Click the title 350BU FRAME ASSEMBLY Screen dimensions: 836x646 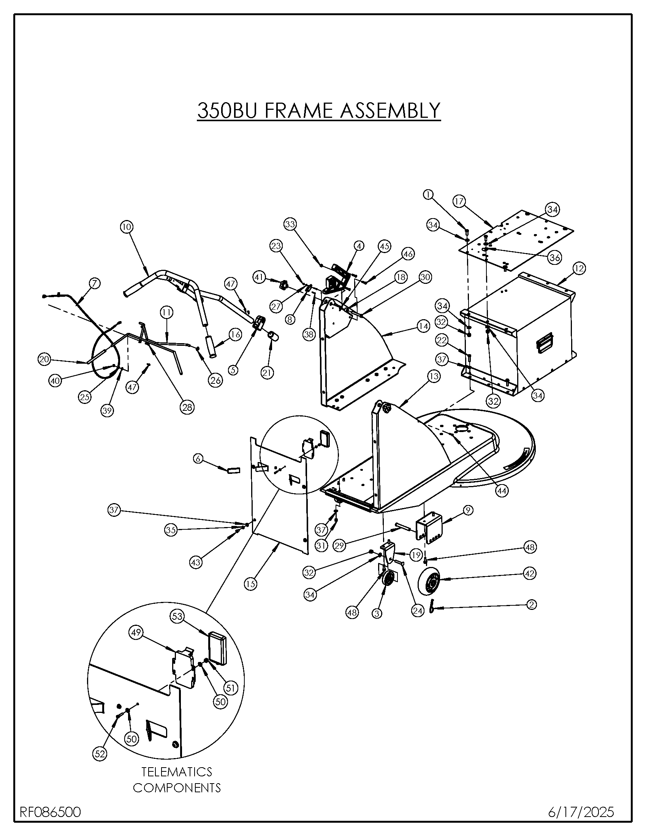[319, 110]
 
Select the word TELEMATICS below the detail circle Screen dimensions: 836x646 [177, 771]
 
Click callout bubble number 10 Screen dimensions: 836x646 [127, 227]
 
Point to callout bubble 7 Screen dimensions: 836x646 [95, 283]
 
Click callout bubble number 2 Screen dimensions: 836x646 [531, 605]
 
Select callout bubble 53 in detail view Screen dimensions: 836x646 [177, 616]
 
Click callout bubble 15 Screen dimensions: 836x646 [251, 584]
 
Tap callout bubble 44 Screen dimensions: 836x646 [502, 491]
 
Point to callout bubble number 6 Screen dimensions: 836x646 [198, 458]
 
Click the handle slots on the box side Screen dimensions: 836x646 [545, 342]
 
